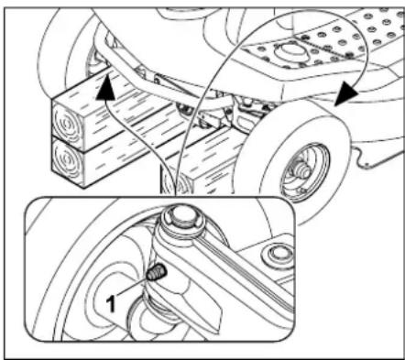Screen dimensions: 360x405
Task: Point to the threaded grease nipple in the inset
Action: (x=156, y=272)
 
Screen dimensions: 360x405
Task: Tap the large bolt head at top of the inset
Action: (x=179, y=221)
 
